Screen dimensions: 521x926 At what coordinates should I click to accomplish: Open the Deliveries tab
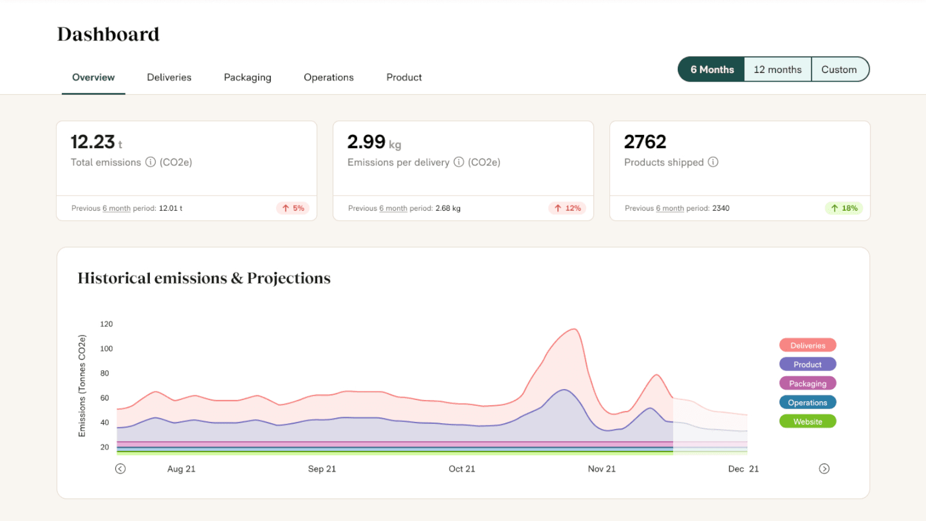[x=169, y=78]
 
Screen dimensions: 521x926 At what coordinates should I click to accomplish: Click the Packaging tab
[x=247, y=78]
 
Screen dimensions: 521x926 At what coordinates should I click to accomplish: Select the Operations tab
[x=328, y=78]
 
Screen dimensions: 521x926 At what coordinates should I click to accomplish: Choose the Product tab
[x=404, y=78]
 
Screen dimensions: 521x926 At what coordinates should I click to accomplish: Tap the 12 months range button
[x=777, y=69]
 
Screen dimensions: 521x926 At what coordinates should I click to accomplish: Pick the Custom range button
[x=839, y=69]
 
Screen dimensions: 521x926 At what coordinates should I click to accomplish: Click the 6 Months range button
[x=712, y=69]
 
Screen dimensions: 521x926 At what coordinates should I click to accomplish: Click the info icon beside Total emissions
[x=150, y=162]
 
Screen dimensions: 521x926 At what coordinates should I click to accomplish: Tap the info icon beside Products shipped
[x=713, y=162]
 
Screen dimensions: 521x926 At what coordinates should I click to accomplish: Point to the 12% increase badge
[x=567, y=208]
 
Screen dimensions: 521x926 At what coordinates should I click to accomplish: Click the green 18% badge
[x=844, y=208]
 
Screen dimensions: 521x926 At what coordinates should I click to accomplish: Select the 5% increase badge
[x=293, y=208]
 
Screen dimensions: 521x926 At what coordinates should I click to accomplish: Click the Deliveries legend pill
[x=807, y=346]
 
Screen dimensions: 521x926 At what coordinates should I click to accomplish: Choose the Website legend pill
[x=807, y=421]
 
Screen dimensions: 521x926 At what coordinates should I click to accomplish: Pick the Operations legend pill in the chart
[x=807, y=402]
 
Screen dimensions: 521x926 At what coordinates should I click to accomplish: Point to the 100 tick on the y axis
[x=106, y=348]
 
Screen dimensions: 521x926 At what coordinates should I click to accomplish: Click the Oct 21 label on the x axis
[x=461, y=469]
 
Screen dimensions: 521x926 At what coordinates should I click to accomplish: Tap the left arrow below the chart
[x=120, y=469]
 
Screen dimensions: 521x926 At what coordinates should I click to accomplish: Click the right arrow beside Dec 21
[x=824, y=469]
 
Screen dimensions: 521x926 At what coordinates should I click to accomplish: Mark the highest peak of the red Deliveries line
[x=574, y=329]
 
